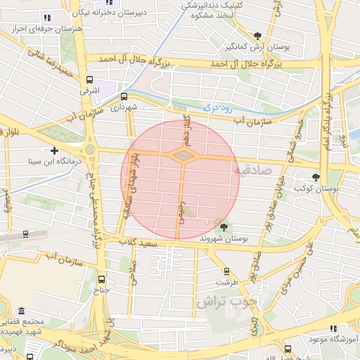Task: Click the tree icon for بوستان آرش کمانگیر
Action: coord(258,36)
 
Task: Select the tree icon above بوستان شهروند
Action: coord(224,226)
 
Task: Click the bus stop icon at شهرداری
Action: coord(124,96)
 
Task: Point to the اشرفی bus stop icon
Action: coord(89,80)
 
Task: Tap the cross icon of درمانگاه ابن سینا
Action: coord(55,150)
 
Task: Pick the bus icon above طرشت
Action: coord(226,271)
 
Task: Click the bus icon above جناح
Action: coord(102,278)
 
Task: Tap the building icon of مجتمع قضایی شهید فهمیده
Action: coord(21,311)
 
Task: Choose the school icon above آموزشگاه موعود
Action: coord(333,328)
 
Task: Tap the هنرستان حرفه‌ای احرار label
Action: coord(42,30)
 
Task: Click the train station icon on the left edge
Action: coord(26,235)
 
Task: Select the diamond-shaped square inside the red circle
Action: coord(182,155)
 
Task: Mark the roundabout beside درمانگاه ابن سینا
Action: coord(89,150)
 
